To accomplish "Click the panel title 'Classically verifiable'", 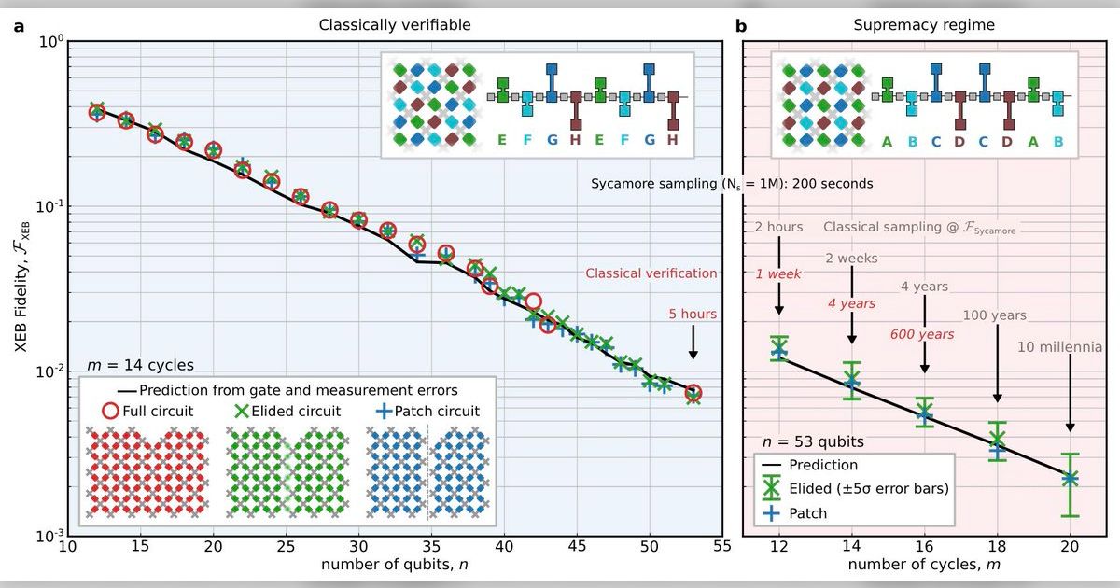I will pyautogui.click(x=393, y=25).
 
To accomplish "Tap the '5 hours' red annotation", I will pyautogui.click(x=692, y=315).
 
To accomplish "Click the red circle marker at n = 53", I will pyautogui.click(x=693, y=393).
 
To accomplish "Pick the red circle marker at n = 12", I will pyautogui.click(x=96, y=112).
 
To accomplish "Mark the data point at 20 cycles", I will pyautogui.click(x=1070, y=478).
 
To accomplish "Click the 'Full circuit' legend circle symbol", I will pyautogui.click(x=110, y=409).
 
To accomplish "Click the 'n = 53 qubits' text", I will pyautogui.click(x=809, y=441).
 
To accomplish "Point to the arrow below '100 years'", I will pyautogui.click(x=997, y=369).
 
